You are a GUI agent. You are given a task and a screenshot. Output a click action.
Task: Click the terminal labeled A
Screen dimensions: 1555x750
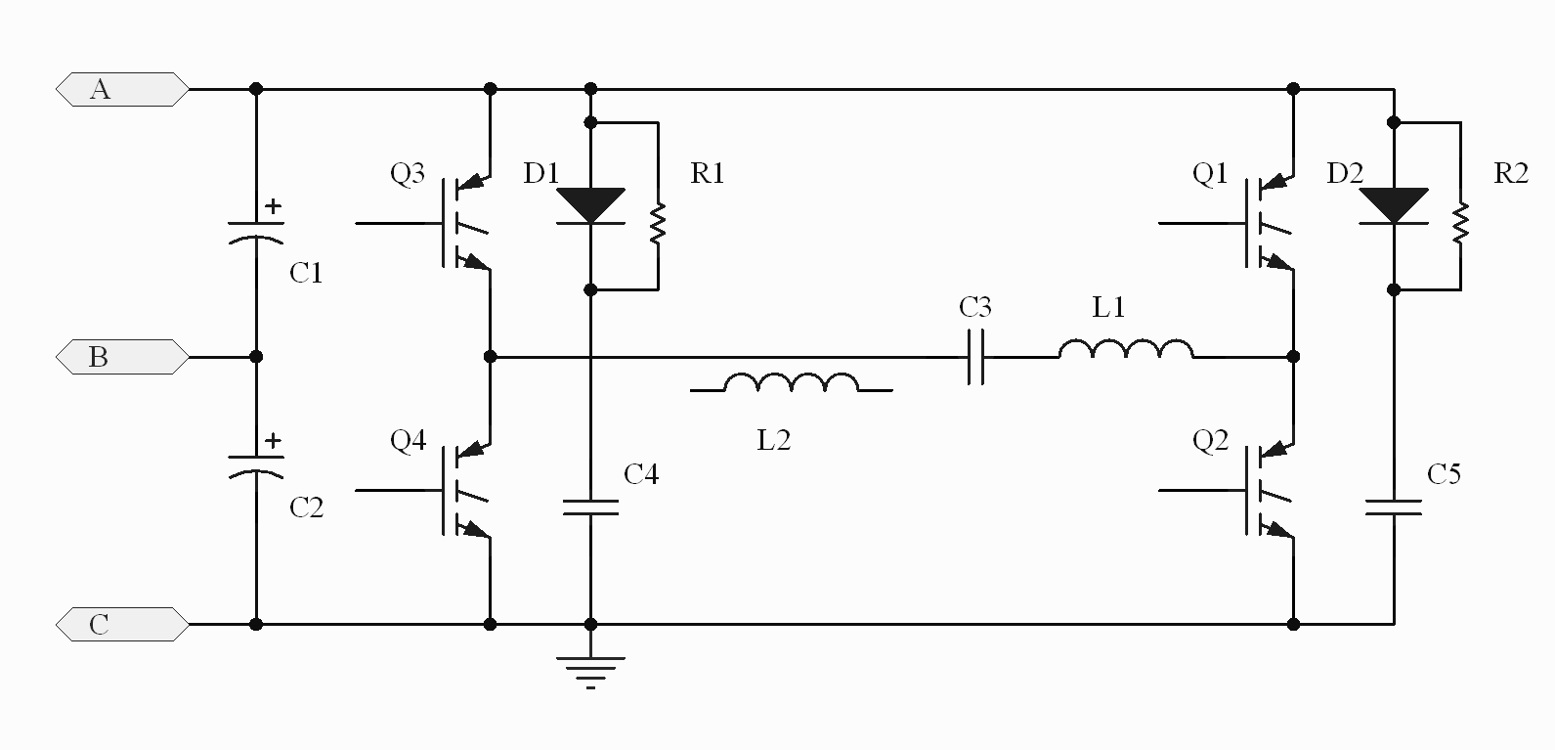(x=122, y=89)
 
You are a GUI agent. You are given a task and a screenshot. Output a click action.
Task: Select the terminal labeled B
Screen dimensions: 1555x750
(x=122, y=357)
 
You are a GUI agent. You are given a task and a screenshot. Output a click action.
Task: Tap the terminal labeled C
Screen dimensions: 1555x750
(x=122, y=624)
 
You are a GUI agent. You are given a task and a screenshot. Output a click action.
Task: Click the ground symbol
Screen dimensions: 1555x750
(x=590, y=672)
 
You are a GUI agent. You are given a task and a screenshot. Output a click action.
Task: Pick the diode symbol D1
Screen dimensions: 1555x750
(x=590, y=205)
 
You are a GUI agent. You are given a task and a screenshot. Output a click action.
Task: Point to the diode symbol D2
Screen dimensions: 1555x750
(x=1394, y=205)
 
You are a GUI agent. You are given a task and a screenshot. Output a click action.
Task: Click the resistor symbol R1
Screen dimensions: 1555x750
(x=658, y=224)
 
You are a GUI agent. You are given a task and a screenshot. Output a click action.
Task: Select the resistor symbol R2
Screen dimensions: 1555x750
(x=1460, y=224)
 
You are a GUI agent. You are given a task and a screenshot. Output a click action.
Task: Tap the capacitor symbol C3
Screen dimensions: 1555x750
(x=975, y=357)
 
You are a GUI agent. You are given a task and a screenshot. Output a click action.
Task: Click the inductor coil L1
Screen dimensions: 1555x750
(x=1126, y=348)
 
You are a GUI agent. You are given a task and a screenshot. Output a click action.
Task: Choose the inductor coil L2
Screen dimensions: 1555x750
(x=792, y=382)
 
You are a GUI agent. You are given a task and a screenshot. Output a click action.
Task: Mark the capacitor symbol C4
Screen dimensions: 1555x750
(x=590, y=507)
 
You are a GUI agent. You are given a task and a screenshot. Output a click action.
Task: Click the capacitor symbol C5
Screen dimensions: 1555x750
(x=1394, y=507)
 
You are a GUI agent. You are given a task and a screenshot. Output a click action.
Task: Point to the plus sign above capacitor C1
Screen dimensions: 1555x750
(x=274, y=205)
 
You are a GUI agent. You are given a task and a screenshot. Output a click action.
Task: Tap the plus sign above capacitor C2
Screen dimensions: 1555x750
(x=274, y=440)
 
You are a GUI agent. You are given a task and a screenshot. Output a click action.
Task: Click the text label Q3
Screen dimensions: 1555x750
(x=408, y=173)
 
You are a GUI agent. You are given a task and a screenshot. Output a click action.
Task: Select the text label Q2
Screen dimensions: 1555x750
(x=1210, y=440)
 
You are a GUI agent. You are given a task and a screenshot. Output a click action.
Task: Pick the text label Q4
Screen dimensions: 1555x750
(x=408, y=440)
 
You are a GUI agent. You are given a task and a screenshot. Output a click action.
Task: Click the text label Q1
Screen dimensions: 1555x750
(x=1210, y=173)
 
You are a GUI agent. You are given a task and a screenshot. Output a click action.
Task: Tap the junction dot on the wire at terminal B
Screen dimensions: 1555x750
(x=256, y=357)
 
